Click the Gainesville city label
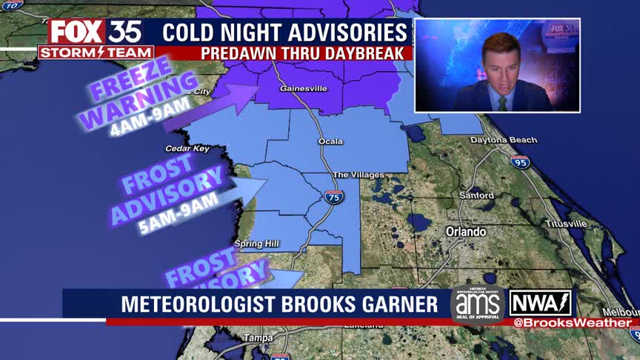303,89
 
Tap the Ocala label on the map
330,141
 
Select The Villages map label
359,175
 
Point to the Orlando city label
465,232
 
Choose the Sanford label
476,196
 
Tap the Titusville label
566,223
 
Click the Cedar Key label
189,148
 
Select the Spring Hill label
254,244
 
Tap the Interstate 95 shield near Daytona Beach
520,161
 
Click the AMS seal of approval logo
477,304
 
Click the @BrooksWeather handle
572,323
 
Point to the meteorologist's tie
503,104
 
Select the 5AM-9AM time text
179,213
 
